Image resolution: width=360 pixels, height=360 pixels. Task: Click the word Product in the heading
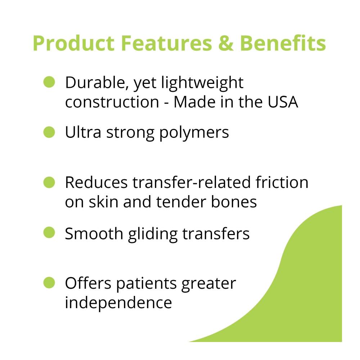[74, 43]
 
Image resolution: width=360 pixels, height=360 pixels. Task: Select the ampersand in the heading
[226, 43]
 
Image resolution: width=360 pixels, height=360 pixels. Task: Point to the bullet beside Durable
[49, 82]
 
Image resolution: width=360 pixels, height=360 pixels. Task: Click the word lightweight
[202, 83]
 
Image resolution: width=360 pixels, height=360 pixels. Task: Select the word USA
[283, 102]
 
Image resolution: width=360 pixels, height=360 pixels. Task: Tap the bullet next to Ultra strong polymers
[49, 132]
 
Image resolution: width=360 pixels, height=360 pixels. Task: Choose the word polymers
[194, 133]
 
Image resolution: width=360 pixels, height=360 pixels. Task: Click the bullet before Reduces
[49, 182]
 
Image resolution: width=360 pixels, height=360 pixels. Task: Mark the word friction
[282, 182]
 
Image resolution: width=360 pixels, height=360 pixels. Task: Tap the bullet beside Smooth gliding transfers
[49, 232]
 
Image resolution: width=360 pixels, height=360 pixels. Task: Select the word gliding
[153, 234]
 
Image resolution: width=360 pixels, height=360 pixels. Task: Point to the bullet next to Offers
[49, 283]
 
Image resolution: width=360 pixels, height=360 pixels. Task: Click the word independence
[118, 302]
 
